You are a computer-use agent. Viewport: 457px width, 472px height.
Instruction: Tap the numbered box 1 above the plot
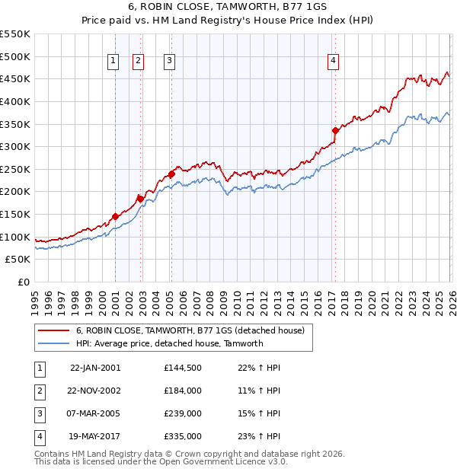pyautogui.click(x=113, y=62)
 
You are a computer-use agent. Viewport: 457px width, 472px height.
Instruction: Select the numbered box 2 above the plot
pyautogui.click(x=139, y=62)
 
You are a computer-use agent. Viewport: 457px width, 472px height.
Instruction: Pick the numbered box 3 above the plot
pyautogui.click(x=168, y=62)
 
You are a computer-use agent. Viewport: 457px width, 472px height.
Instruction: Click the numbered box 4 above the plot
pyautogui.click(x=334, y=62)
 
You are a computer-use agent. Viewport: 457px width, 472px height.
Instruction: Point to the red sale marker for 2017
pyautogui.click(x=335, y=130)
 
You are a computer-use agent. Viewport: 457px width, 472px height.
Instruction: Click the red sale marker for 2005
pyautogui.click(x=171, y=174)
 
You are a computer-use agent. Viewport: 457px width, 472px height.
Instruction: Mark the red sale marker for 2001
pyautogui.click(x=115, y=216)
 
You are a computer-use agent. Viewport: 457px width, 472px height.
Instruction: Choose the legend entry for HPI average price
pyautogui.click(x=169, y=343)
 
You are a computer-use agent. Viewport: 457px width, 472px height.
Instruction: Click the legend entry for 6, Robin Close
pyautogui.click(x=190, y=330)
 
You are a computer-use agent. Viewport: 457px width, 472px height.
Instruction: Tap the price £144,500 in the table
pyautogui.click(x=182, y=368)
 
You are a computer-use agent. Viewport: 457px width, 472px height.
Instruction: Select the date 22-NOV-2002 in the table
pyautogui.click(x=94, y=391)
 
